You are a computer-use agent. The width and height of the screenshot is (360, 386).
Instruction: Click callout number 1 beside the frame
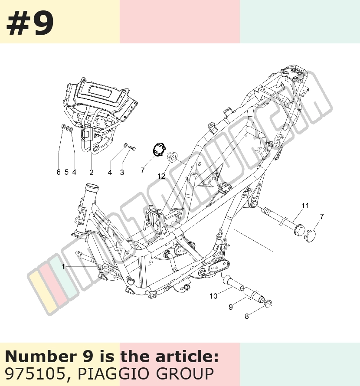pyautogui.click(x=63, y=267)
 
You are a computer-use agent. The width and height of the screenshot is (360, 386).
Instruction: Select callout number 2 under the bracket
pyautogui.click(x=92, y=172)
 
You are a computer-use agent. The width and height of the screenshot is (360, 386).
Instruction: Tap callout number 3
pyautogui.click(x=122, y=172)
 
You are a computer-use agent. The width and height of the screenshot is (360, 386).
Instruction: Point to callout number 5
pyautogui.click(x=66, y=172)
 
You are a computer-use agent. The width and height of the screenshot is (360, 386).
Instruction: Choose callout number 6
pyautogui.click(x=59, y=172)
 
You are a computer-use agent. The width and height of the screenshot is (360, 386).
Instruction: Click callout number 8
pyautogui.click(x=247, y=316)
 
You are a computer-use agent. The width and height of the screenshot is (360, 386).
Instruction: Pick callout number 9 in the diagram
pyautogui.click(x=231, y=307)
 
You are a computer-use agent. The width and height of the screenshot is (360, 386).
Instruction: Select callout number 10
pyautogui.click(x=213, y=296)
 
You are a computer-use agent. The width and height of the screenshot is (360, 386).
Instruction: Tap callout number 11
pyautogui.click(x=305, y=206)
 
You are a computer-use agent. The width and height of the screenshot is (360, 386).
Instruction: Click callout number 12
pyautogui.click(x=161, y=176)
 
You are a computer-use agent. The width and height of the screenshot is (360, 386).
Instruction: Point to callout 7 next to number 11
pyautogui.click(x=322, y=216)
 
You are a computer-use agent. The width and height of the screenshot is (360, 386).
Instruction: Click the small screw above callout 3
pyautogui.click(x=132, y=148)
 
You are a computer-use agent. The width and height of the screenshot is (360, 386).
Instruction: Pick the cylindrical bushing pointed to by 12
pyautogui.click(x=172, y=157)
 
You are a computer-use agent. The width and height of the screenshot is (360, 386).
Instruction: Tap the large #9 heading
pyautogui.click(x=30, y=23)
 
